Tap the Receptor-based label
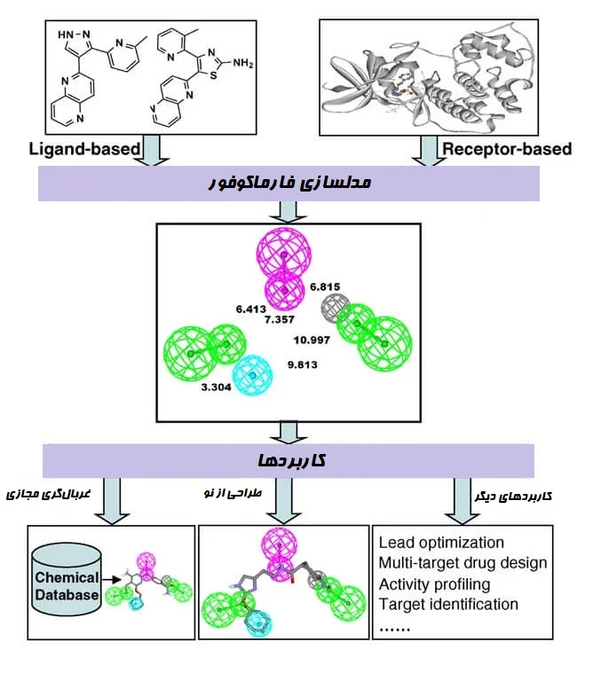click(x=507, y=148)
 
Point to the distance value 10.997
click(x=312, y=339)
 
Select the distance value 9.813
click(x=303, y=364)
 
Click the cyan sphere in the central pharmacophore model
click(x=252, y=376)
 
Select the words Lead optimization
click(x=441, y=543)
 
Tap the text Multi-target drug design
click(x=463, y=563)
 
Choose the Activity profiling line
click(x=435, y=583)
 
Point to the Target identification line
click(x=448, y=604)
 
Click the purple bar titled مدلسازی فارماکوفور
click(x=289, y=184)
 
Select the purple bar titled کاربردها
click(x=289, y=460)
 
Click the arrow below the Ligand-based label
click(x=154, y=150)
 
